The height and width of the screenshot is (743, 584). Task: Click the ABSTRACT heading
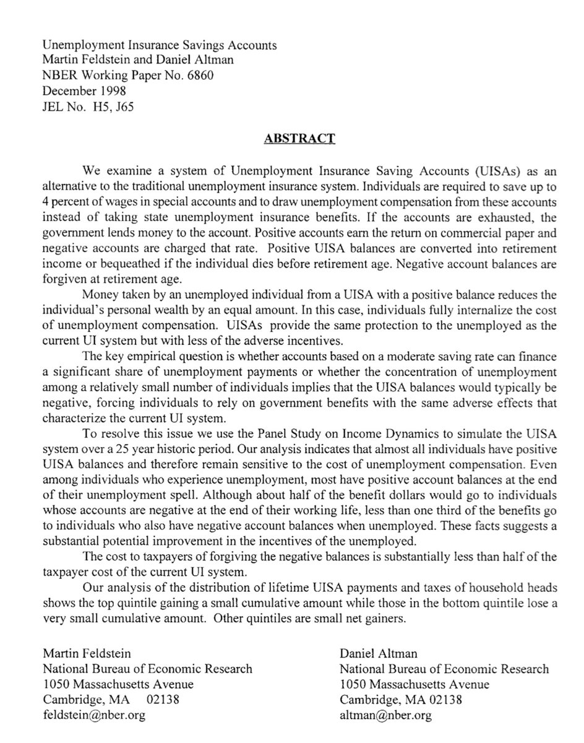[299, 138]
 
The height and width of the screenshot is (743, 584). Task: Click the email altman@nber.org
[385, 716]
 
